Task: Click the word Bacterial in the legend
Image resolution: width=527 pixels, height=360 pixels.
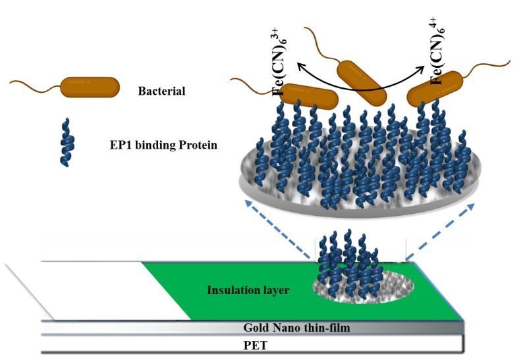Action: click(161, 91)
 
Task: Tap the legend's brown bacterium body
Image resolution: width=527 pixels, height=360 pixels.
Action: click(90, 87)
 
